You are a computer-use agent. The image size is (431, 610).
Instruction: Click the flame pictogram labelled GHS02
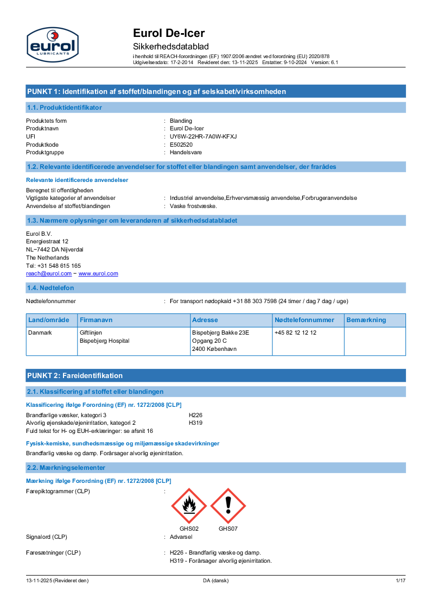point(189,506)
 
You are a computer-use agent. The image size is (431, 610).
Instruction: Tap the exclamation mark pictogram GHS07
point(228,506)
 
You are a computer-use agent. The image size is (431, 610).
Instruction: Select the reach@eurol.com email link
point(49,274)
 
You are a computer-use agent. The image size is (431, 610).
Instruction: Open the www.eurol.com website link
point(98,274)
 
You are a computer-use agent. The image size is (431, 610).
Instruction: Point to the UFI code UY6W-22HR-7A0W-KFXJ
point(203,136)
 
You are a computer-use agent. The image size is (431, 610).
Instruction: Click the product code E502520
point(181,144)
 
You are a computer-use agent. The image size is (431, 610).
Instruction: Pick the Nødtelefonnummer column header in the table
point(304,320)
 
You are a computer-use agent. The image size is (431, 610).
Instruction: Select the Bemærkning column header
point(366,320)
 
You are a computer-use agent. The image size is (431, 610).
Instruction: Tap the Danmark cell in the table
point(40,332)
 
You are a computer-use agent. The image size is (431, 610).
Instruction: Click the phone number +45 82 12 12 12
point(295,332)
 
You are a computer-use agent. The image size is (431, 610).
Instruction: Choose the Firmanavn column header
point(96,320)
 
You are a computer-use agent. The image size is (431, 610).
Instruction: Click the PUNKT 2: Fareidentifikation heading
point(75,375)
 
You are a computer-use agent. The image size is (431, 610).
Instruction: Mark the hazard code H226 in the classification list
point(195,414)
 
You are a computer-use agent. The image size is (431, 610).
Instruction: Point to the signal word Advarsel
point(181,537)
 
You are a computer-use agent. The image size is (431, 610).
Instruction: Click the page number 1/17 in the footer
point(401,581)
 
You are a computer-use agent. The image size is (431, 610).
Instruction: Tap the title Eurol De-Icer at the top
point(169,33)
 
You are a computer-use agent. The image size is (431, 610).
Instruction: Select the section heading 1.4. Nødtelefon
point(50,287)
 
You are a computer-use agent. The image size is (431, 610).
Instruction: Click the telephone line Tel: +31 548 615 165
point(53,266)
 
